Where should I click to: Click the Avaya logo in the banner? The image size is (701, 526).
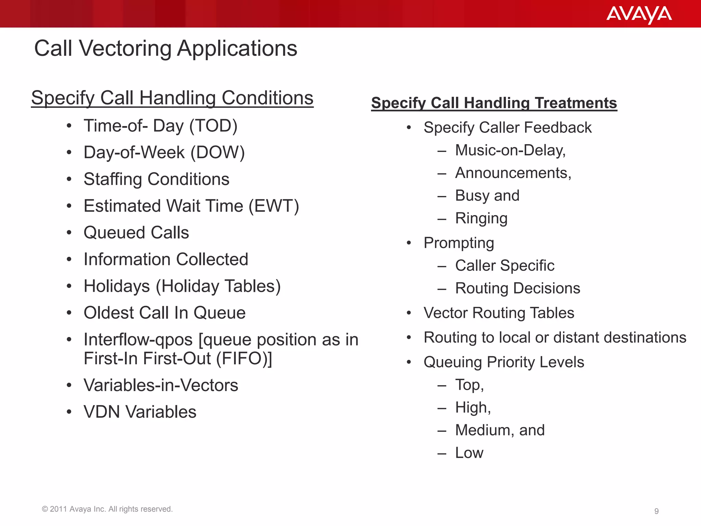639,14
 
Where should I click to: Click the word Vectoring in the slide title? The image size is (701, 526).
125,48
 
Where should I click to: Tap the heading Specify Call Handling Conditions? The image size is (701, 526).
172,98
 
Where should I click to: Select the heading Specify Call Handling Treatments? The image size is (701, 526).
494,103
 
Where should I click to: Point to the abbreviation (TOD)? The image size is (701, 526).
213,126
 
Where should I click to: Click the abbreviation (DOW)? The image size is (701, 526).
217,152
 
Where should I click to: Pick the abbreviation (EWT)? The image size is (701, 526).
273,206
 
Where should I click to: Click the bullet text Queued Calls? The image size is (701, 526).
136,233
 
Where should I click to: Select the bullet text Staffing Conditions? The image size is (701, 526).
156,179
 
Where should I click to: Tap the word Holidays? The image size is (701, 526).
117,286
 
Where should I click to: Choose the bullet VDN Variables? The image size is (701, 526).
140,412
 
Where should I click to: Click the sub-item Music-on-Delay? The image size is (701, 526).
510,150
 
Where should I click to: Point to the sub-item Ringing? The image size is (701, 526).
481,218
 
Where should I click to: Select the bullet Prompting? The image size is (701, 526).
459,243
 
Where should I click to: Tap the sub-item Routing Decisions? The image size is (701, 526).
518,288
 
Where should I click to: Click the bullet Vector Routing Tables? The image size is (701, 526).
499,313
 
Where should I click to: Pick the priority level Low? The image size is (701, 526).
469,453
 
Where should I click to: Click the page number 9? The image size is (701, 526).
656,511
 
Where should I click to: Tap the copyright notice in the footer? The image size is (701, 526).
107,509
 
